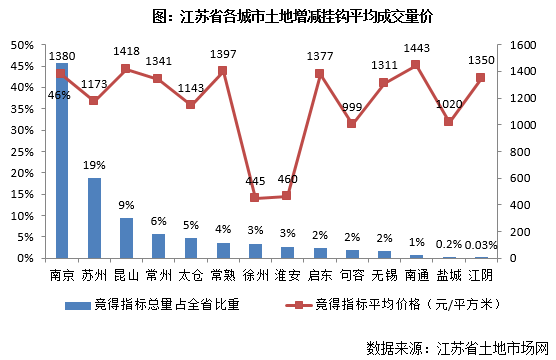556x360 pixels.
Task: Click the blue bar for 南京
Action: (62, 160)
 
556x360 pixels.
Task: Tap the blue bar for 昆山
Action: (126, 238)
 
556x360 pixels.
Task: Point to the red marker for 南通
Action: (416, 65)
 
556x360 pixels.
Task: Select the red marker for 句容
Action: (352, 123)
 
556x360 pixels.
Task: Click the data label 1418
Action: (126, 51)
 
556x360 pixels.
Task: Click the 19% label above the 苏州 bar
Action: (95, 165)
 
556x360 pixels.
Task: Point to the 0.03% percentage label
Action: (481, 245)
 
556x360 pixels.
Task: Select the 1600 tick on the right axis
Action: (521, 45)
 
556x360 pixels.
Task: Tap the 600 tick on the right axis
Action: (517, 178)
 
